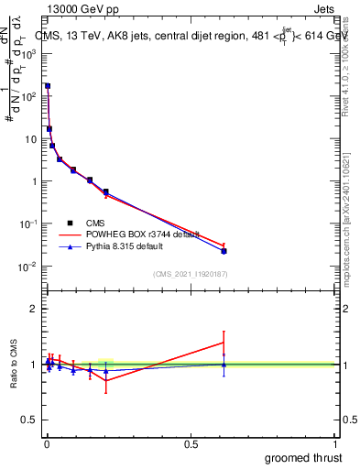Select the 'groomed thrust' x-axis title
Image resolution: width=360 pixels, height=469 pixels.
305,457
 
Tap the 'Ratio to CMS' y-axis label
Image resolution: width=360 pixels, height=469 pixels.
13,364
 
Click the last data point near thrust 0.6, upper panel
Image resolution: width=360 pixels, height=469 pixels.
224,250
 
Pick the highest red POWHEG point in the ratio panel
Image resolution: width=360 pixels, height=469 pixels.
224,343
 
